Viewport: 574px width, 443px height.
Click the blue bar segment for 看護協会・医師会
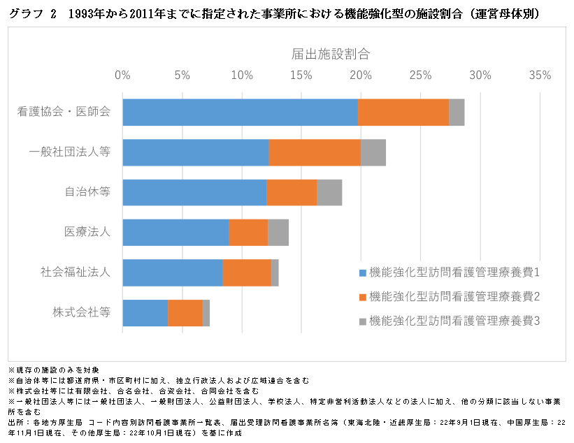[x=240, y=112]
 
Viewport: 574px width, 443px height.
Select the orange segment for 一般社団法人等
[x=315, y=152]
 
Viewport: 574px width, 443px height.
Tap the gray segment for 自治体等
[x=329, y=192]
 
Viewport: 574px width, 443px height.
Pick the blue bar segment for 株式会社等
[x=145, y=312]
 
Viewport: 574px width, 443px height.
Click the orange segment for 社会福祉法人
[x=247, y=273]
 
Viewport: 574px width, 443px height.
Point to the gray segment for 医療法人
[x=278, y=232]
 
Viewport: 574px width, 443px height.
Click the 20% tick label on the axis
[x=361, y=75]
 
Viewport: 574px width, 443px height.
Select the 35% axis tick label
[x=540, y=75]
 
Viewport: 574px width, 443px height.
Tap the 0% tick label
[x=122, y=75]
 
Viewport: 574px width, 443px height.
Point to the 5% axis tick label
[x=182, y=75]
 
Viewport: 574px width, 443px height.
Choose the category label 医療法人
[x=87, y=232]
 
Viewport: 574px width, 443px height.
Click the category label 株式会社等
[x=82, y=312]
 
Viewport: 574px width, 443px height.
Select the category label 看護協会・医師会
[x=64, y=112]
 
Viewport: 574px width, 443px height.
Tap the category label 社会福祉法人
[x=76, y=273]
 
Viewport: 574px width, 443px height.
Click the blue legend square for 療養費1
[x=362, y=272]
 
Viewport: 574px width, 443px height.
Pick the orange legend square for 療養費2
[x=362, y=297]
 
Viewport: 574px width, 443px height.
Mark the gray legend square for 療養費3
[x=362, y=321]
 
